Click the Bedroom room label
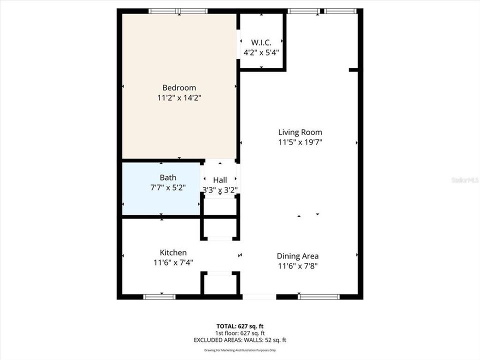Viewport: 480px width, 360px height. coord(179,87)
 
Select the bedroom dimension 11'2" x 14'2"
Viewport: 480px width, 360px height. coord(179,98)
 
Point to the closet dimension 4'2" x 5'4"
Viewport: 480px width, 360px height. coord(261,51)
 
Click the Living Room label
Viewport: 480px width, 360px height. coord(300,132)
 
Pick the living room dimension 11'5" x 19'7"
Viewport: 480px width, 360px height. coord(300,142)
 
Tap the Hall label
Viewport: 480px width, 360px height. coord(220,180)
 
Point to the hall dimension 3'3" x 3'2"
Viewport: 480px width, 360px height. coord(220,190)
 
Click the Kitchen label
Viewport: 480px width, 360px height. coord(173,252)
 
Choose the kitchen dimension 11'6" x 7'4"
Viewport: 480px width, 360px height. coord(173,262)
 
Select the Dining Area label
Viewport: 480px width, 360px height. coord(298,256)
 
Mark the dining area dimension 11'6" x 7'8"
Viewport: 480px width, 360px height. coord(298,266)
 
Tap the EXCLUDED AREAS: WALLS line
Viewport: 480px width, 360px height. coord(239,340)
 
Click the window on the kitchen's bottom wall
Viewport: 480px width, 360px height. coord(159,296)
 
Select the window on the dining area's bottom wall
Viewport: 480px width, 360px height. coord(318,296)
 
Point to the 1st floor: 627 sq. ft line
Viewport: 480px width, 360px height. coord(239,332)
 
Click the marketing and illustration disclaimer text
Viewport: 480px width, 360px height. coord(239,350)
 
